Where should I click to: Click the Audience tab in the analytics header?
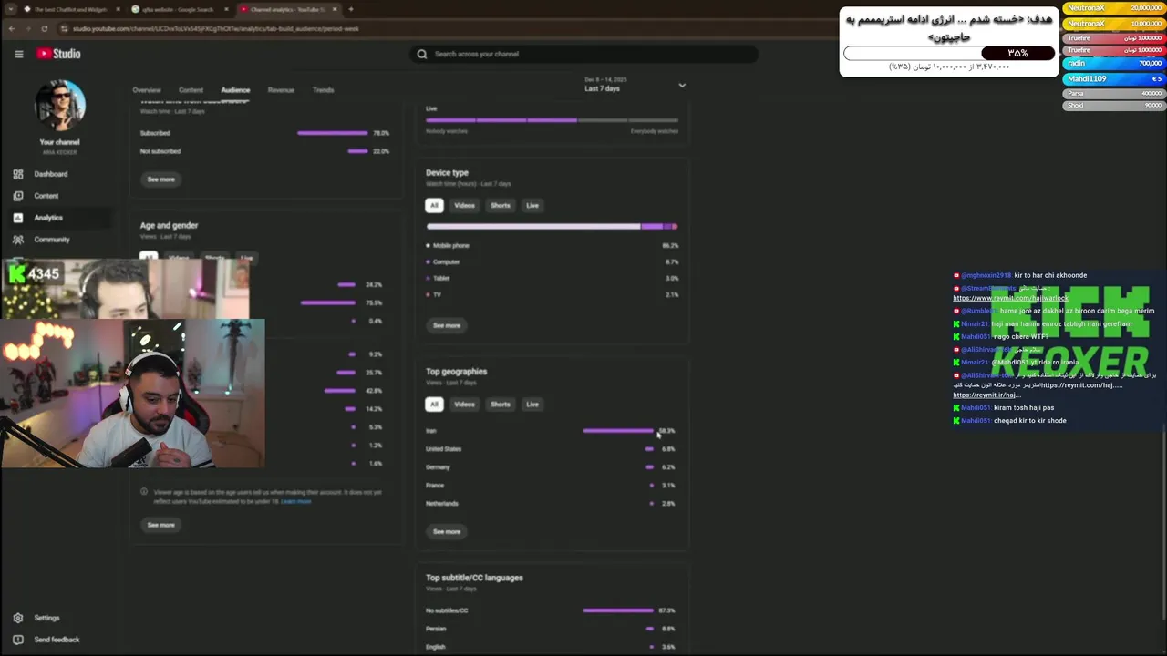tap(235, 90)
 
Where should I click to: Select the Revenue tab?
tap(281, 90)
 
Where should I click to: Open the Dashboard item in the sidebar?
tap(50, 174)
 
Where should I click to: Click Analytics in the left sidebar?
tap(48, 218)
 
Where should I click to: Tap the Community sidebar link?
tap(51, 240)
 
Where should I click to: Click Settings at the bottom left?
tap(46, 618)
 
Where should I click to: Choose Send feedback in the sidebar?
tap(57, 640)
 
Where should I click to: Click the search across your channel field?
tap(583, 54)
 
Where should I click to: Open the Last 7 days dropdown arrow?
tap(682, 86)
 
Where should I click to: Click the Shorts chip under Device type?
tap(501, 205)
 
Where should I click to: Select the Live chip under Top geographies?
tap(532, 405)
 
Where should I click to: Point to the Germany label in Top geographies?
tap(438, 467)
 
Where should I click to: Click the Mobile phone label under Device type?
tap(450, 246)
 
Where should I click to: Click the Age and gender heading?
tap(169, 225)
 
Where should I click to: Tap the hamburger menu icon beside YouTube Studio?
tap(18, 54)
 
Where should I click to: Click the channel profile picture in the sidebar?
tap(59, 105)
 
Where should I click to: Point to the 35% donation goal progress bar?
tap(948, 53)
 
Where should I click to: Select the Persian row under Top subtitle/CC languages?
tap(436, 629)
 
